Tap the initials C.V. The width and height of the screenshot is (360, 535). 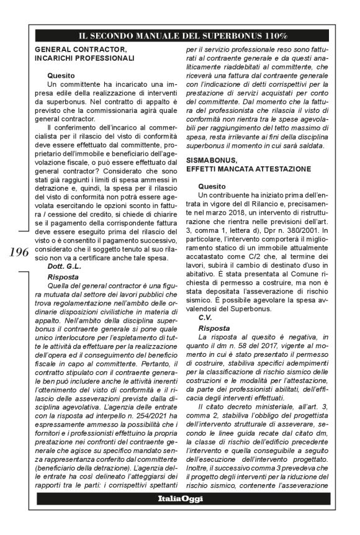(x=207, y=317)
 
